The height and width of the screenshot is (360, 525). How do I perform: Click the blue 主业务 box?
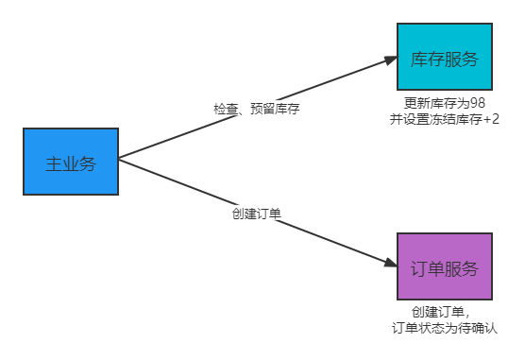(71, 162)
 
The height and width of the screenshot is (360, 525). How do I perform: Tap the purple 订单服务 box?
(445, 267)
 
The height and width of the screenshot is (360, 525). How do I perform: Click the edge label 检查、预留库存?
(256, 109)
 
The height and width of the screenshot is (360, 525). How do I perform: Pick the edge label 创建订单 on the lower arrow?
(256, 213)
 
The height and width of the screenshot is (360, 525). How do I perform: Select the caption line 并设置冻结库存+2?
(444, 119)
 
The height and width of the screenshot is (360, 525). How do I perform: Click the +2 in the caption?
(491, 119)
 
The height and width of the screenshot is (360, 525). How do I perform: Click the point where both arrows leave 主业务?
(120, 159)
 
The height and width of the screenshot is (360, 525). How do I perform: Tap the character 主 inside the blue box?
(53, 163)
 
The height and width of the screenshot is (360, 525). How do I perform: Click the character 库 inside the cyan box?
(419, 58)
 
